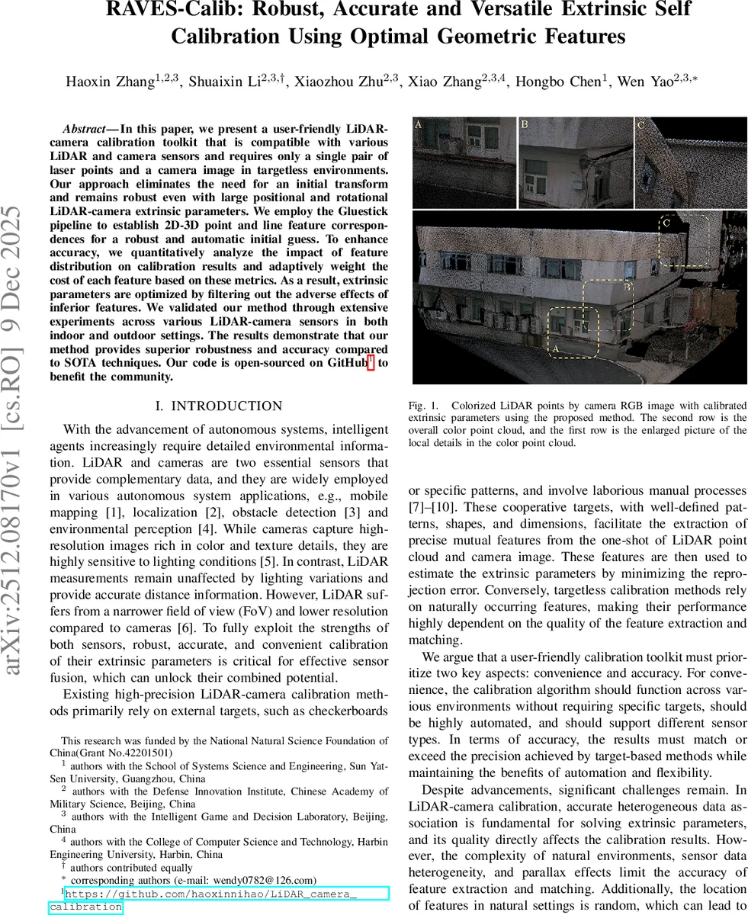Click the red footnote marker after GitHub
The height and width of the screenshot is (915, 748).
pyautogui.click(x=371, y=363)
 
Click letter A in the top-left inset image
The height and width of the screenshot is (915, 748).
pyautogui.click(x=418, y=124)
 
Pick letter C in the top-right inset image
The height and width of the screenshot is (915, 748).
pyautogui.click(x=640, y=124)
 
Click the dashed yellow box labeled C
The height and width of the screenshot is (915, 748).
pyautogui.click(x=683, y=240)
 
